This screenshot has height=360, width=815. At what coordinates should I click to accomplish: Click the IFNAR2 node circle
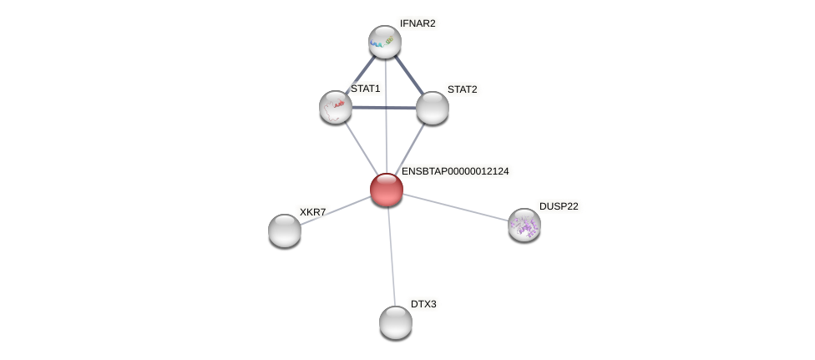[x=385, y=42]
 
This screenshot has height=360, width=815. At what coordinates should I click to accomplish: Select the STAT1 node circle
[x=336, y=107]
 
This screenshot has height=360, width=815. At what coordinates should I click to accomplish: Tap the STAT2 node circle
[x=433, y=107]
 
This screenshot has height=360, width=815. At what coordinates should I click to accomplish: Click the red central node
[x=387, y=190]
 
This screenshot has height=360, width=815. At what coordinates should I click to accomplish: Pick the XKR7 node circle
[x=285, y=230]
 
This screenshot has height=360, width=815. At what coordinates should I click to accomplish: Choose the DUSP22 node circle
[x=524, y=225]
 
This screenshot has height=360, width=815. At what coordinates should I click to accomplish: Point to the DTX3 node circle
[x=396, y=322]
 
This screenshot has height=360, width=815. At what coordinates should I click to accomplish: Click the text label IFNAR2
[x=418, y=23]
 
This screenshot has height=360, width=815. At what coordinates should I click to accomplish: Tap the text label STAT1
[x=365, y=89]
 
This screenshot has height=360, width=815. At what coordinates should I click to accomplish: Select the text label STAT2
[x=462, y=89]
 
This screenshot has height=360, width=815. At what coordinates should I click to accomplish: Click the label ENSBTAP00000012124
[x=455, y=171]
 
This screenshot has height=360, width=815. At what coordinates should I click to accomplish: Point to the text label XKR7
[x=312, y=212]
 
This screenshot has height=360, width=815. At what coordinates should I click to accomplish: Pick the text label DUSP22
[x=558, y=206]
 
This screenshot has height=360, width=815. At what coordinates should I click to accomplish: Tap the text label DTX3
[x=423, y=304]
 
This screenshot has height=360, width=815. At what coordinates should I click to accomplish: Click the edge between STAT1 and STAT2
[x=384, y=108]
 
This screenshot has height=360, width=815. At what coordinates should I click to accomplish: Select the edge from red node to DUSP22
[x=456, y=207]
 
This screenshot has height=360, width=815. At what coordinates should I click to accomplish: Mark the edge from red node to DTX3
[x=391, y=256]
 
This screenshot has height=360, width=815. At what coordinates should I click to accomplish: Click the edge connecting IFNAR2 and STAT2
[x=409, y=74]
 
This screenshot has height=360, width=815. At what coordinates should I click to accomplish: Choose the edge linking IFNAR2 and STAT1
[x=360, y=74]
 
